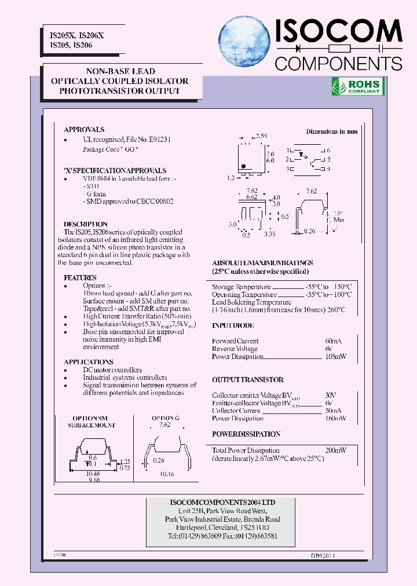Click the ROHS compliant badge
point(356,87)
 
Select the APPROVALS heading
point(84,130)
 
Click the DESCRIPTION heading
point(86,224)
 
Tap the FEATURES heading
point(80,278)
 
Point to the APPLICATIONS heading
point(89,362)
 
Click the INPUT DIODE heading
point(233,325)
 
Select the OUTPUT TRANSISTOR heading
point(248,380)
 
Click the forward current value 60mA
point(333,341)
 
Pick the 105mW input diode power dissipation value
point(335,357)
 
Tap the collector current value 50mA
point(333,411)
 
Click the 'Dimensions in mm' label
point(332,131)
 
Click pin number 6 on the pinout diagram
point(328,149)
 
